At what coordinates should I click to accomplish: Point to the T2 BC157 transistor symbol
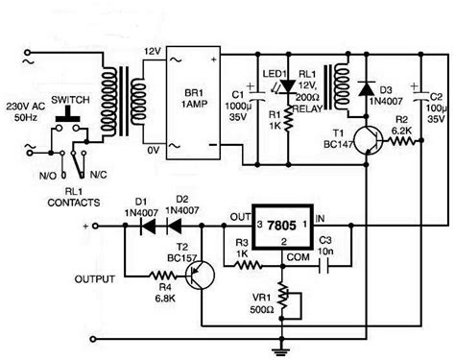click(200, 278)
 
